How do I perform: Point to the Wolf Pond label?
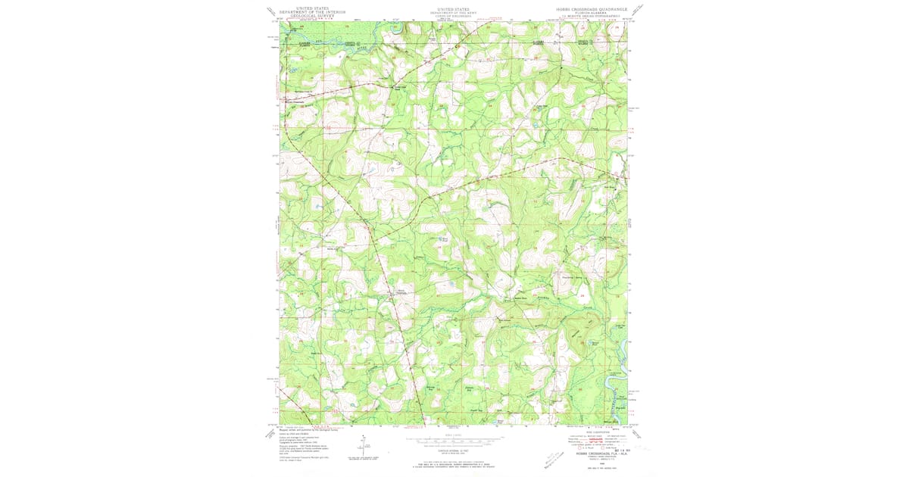pyautogui.click(x=445, y=240)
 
